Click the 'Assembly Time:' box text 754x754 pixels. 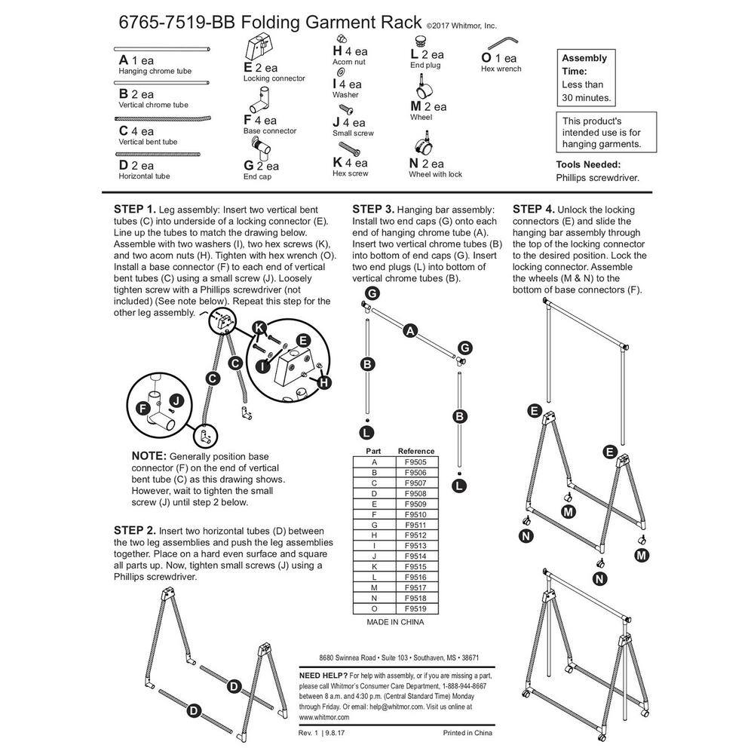pos(584,65)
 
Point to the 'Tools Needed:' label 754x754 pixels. pos(588,164)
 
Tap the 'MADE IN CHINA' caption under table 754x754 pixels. pos(395,622)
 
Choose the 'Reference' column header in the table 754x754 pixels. pos(416,451)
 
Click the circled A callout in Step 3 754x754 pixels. pos(410,329)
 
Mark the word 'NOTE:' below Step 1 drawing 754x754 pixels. pos(149,457)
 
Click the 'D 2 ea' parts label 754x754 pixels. pos(136,165)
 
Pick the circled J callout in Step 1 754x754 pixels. pos(176,401)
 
